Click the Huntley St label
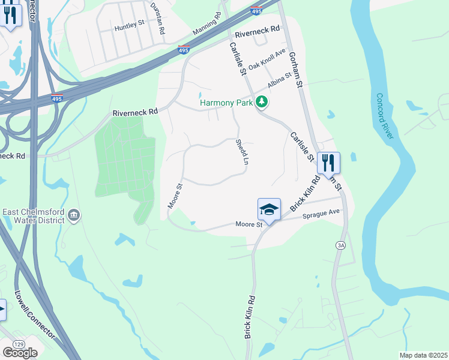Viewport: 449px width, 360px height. pyautogui.click(x=130, y=27)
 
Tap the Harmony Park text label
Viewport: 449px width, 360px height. pyautogui.click(x=226, y=103)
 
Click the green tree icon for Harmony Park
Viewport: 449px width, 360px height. pyautogui.click(x=261, y=103)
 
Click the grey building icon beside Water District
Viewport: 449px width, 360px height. pyautogui.click(x=74, y=215)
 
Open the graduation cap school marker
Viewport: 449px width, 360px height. pyautogui.click(x=270, y=210)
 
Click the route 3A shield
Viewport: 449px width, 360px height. pyautogui.click(x=341, y=245)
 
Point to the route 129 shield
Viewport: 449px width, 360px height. pyautogui.click(x=19, y=344)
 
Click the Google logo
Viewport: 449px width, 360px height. pyautogui.click(x=20, y=353)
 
